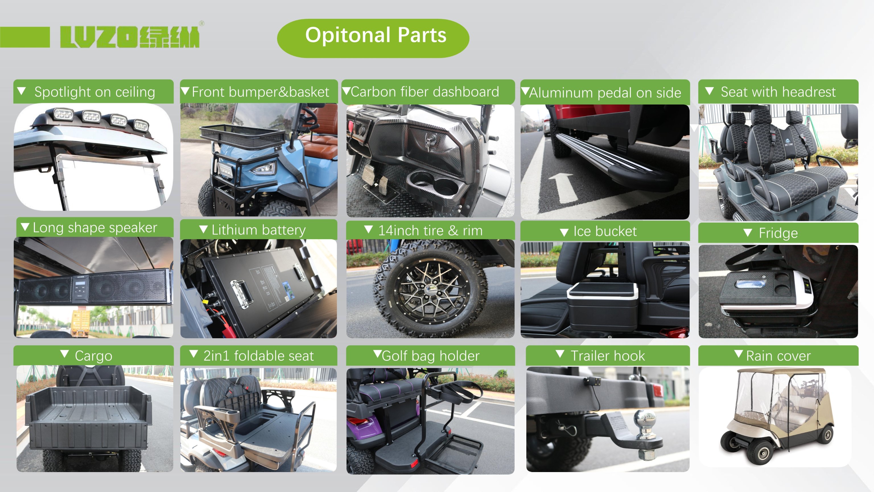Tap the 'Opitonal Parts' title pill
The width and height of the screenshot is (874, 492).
click(x=373, y=38)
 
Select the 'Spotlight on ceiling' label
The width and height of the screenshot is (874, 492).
click(x=95, y=92)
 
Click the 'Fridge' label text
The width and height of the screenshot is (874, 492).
click(x=778, y=233)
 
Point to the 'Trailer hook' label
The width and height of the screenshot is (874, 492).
click(x=608, y=356)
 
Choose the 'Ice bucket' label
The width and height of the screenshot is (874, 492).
click(x=605, y=231)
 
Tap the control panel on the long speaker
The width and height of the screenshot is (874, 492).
click(x=80, y=287)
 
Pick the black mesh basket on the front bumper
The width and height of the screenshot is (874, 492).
click(x=243, y=136)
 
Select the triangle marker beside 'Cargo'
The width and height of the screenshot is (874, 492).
click(x=65, y=354)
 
